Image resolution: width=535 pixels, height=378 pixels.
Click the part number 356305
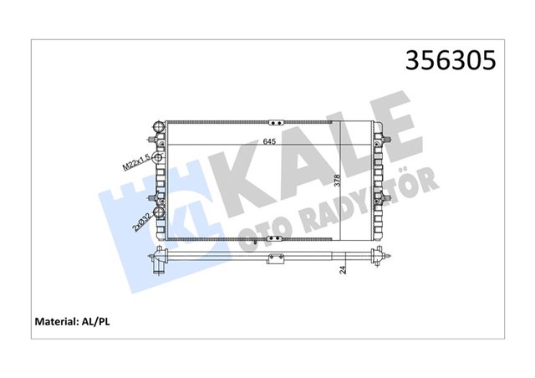451,61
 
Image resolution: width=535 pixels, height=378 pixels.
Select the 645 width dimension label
270,141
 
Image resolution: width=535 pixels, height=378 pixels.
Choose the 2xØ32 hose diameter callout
143,220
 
